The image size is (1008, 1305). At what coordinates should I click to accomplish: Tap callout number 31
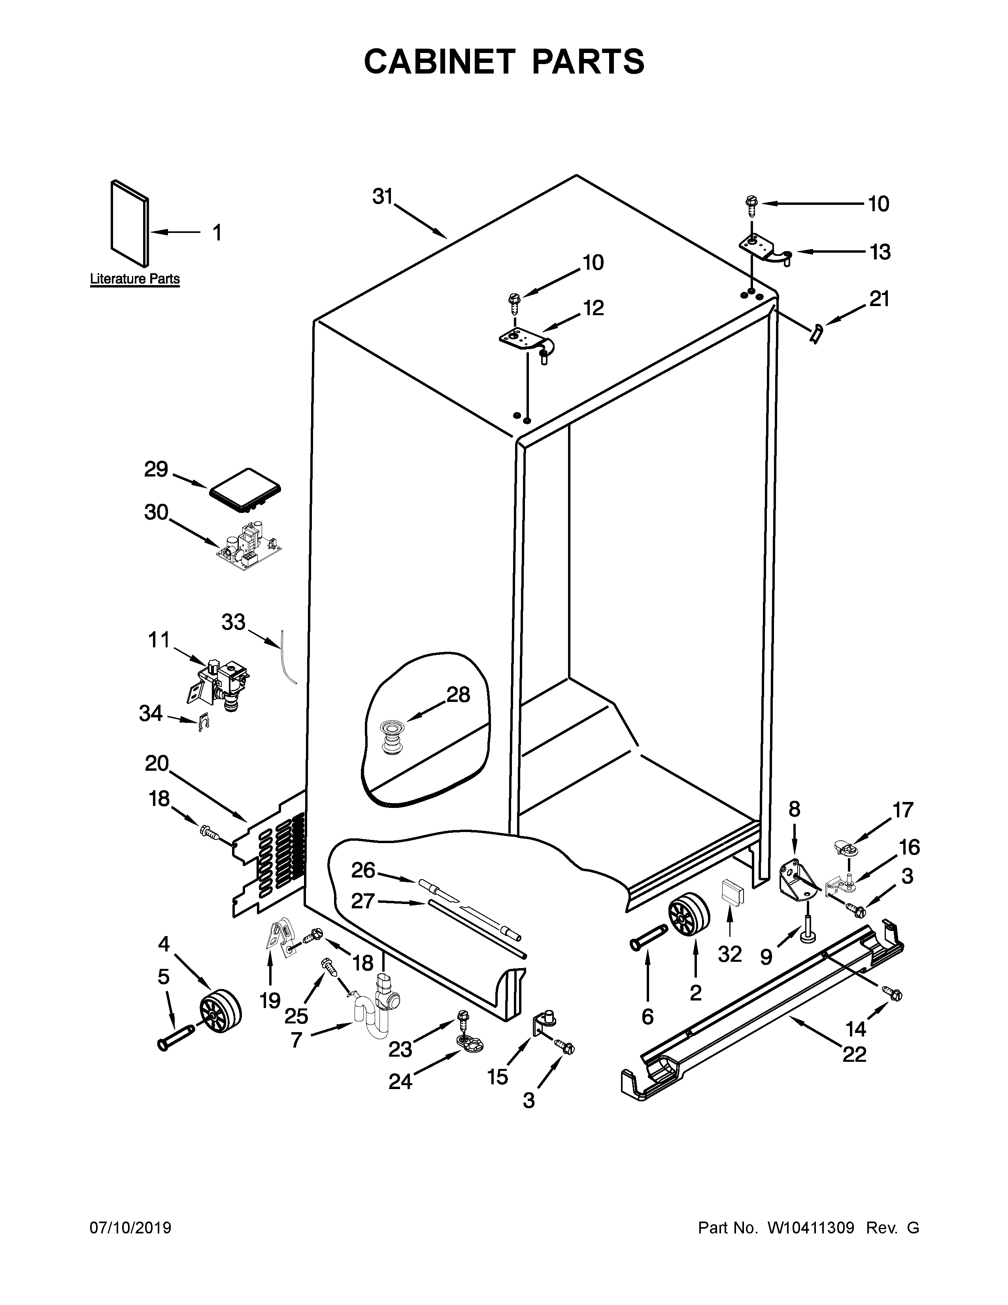click(x=382, y=196)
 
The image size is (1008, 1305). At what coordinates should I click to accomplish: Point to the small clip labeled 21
click(x=816, y=332)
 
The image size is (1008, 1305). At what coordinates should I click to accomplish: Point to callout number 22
click(x=854, y=1055)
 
